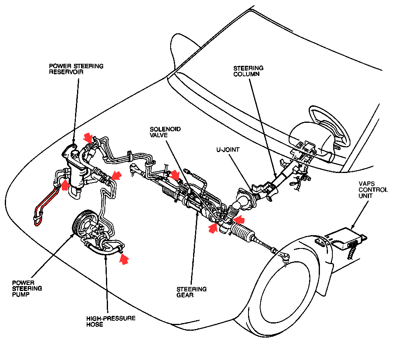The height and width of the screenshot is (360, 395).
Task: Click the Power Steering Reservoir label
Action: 76,69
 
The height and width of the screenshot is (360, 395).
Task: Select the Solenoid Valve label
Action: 165,132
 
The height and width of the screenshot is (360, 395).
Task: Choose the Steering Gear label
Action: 191,292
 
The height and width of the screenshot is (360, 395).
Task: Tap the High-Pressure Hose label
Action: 111,321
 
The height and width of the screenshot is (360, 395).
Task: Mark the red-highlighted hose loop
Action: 44,205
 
